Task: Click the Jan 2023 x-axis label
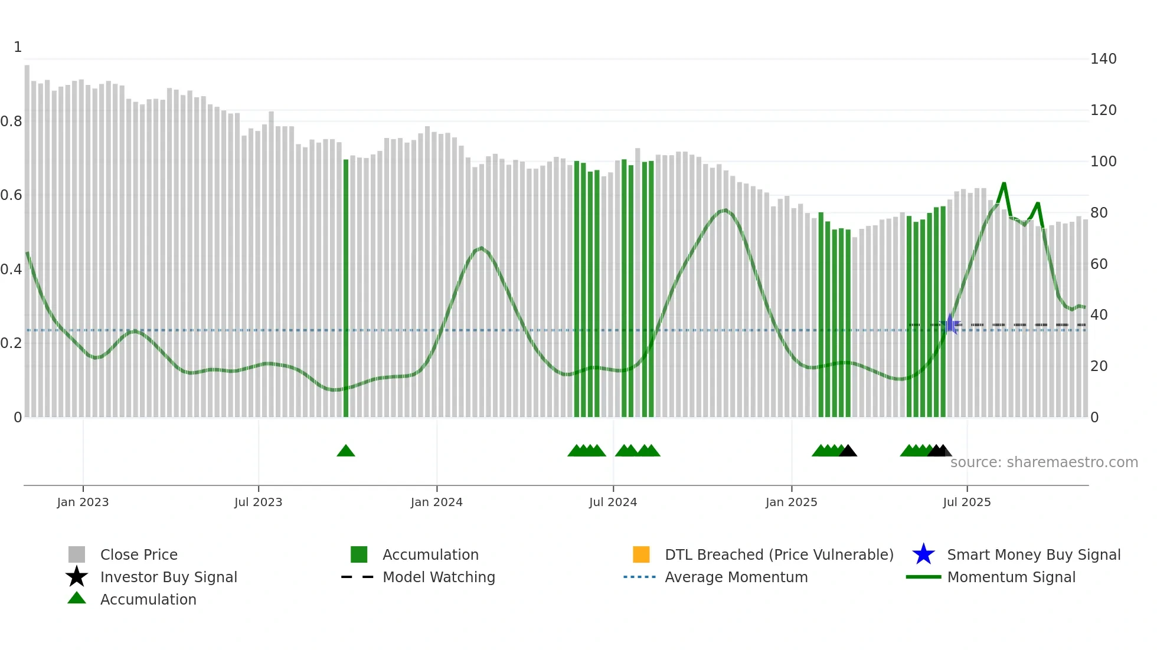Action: tap(83, 502)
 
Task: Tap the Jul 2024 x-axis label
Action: tap(613, 502)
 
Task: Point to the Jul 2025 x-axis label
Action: tap(966, 502)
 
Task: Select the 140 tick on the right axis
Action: tap(1103, 59)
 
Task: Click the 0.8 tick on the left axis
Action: tap(11, 122)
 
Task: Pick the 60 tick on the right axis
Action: tap(1099, 264)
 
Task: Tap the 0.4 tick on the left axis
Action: tap(11, 270)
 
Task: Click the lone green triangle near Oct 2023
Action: tap(346, 451)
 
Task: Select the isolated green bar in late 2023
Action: tap(346, 289)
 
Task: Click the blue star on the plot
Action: tap(951, 324)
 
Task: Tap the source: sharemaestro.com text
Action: tap(1044, 462)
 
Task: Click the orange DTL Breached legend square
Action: tap(641, 554)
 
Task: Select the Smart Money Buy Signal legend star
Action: tap(923, 554)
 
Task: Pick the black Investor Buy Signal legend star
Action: tap(77, 577)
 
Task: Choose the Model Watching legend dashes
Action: tap(358, 577)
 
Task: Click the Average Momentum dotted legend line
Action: tap(640, 577)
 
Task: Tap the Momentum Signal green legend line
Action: tap(923, 577)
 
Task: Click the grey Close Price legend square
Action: tap(77, 554)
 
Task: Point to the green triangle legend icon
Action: tap(77, 599)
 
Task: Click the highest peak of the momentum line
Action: tap(1004, 183)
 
